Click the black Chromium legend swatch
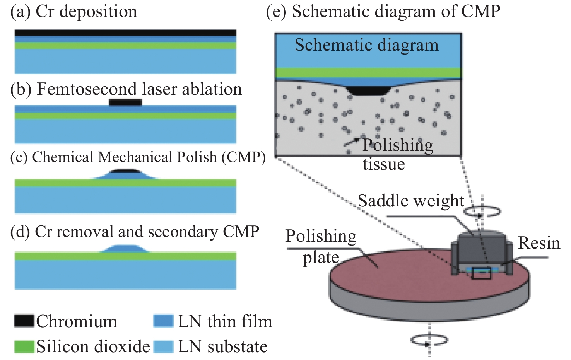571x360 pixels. pos(24,321)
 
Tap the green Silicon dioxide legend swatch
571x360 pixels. pos(24,346)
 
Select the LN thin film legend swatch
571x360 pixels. pos(163,321)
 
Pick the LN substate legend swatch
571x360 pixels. pos(163,346)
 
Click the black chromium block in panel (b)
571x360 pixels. pos(125,102)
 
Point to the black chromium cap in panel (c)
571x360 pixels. pos(124,171)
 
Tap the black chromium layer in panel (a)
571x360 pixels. pos(125,33)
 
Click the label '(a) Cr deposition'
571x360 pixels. pos(74,12)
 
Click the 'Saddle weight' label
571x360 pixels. pos(410,201)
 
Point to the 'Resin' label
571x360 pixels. pos(539,243)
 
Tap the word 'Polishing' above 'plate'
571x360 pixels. pos(321,236)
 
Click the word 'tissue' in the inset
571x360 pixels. pos(383,164)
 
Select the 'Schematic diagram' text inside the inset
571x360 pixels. pos(366,45)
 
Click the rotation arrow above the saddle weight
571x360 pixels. pos(482,211)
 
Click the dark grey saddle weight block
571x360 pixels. pos(482,247)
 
